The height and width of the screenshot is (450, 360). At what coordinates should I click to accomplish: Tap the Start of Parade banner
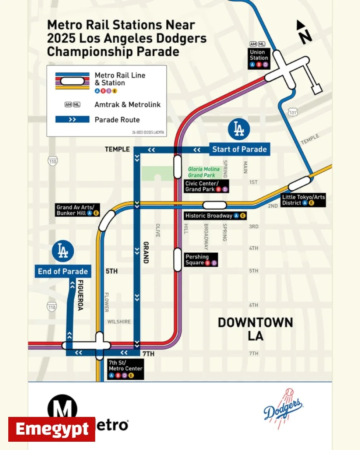pos(240,149)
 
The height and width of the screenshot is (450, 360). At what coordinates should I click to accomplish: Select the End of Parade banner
pos(63,271)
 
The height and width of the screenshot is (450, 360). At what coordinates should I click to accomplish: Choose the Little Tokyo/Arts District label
pos(303,200)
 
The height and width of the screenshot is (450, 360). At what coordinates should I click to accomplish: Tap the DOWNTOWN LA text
pos(255,329)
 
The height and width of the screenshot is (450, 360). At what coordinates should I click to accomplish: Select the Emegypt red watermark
pos(52,429)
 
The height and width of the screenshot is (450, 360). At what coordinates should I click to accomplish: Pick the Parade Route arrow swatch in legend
pos(72,120)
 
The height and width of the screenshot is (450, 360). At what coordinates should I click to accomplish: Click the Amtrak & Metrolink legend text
pos(127,105)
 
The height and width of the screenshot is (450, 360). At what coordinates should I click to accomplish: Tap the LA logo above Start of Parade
pos(239,129)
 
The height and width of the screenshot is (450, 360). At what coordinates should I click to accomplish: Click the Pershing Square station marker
pos(178,260)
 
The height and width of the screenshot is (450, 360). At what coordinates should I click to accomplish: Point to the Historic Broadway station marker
pos(214,205)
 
